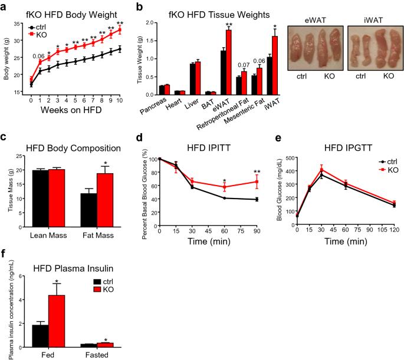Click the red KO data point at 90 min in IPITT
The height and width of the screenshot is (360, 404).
(x=241, y=182)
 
